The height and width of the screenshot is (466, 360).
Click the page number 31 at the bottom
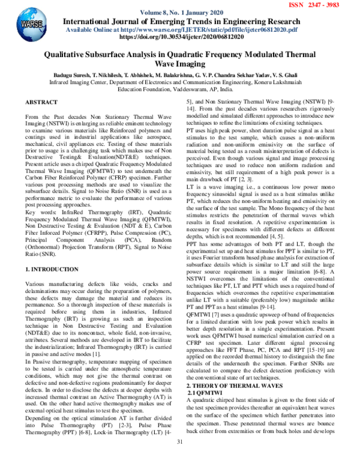pyautogui.click(x=179, y=459)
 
